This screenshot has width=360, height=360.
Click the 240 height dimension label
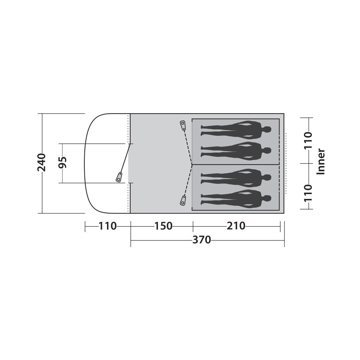point(42,162)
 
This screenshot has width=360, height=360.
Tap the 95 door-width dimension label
point(62,162)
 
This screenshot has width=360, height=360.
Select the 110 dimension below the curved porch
point(108,226)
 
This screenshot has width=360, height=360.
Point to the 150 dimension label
point(163,226)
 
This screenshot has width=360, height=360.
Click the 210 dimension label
point(236,226)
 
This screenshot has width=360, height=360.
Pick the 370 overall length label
point(201,240)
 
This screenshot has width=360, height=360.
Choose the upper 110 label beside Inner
point(308,140)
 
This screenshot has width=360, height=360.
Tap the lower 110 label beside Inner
point(308,193)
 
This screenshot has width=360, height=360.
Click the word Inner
point(321,162)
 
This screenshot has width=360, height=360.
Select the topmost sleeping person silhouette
point(236,130)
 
